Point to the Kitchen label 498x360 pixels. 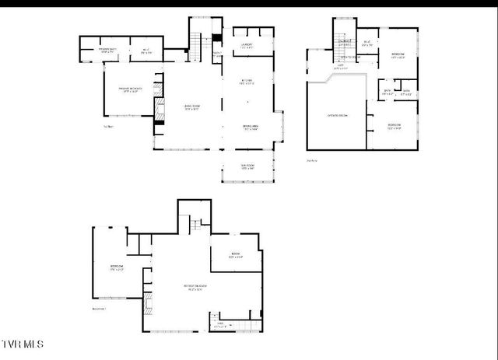pyautogui.click(x=247, y=83)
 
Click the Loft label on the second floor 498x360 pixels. pyautogui.click(x=340, y=67)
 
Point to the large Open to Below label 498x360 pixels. pyautogui.click(x=336, y=116)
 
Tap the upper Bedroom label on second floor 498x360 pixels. pyautogui.click(x=397, y=55)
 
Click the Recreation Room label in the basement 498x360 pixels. pyautogui.click(x=194, y=287)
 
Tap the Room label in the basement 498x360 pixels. pyautogui.click(x=235, y=255)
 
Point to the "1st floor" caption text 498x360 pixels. pyautogui.click(x=108, y=127)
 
